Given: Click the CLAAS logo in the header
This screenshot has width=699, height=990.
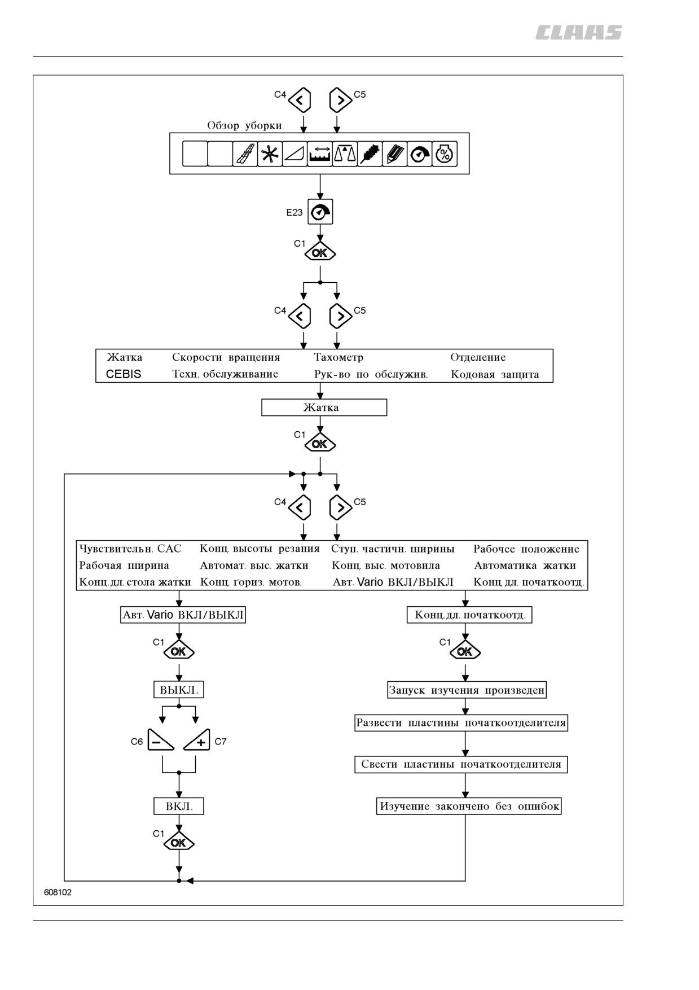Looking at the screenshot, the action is pyautogui.click(x=579, y=33).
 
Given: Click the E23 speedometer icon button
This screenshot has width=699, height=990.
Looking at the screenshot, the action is pyautogui.click(x=320, y=212).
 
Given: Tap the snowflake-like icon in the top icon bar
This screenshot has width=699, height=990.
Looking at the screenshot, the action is pyautogui.click(x=270, y=154).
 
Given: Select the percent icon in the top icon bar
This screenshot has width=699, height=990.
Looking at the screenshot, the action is pyautogui.click(x=445, y=154).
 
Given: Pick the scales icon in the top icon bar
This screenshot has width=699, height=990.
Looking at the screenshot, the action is pyautogui.click(x=345, y=154).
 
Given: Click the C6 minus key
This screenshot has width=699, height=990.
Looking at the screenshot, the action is pyautogui.click(x=161, y=740).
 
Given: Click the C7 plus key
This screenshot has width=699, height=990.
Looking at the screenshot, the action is pyautogui.click(x=197, y=740).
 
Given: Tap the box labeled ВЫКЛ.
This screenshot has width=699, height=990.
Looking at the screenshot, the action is pyautogui.click(x=179, y=690).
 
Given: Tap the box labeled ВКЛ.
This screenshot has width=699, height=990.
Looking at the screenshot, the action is pyautogui.click(x=179, y=806).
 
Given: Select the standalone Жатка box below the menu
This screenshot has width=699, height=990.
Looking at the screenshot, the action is pyautogui.click(x=324, y=408).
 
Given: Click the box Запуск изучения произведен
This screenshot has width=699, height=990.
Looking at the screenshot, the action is pyautogui.click(x=467, y=690).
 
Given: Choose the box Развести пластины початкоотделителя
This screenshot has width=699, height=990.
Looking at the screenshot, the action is pyautogui.click(x=461, y=723).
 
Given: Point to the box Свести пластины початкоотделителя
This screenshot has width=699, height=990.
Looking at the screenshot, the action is pyautogui.click(x=461, y=764).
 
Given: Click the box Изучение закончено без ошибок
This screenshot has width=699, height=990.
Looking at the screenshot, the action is pyautogui.click(x=469, y=806).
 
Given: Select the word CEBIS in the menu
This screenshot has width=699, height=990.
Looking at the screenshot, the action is pyautogui.click(x=124, y=374).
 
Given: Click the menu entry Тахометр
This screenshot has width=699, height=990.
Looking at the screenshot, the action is pyautogui.click(x=338, y=357).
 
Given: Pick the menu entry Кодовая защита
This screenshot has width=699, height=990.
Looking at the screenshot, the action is pyautogui.click(x=495, y=374).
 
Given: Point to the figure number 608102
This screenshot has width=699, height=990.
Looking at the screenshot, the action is pyautogui.click(x=58, y=892).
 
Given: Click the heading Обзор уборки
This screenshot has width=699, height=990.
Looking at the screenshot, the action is pyautogui.click(x=244, y=125).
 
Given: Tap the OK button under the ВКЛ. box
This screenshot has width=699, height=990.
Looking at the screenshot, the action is pyautogui.click(x=179, y=843).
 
